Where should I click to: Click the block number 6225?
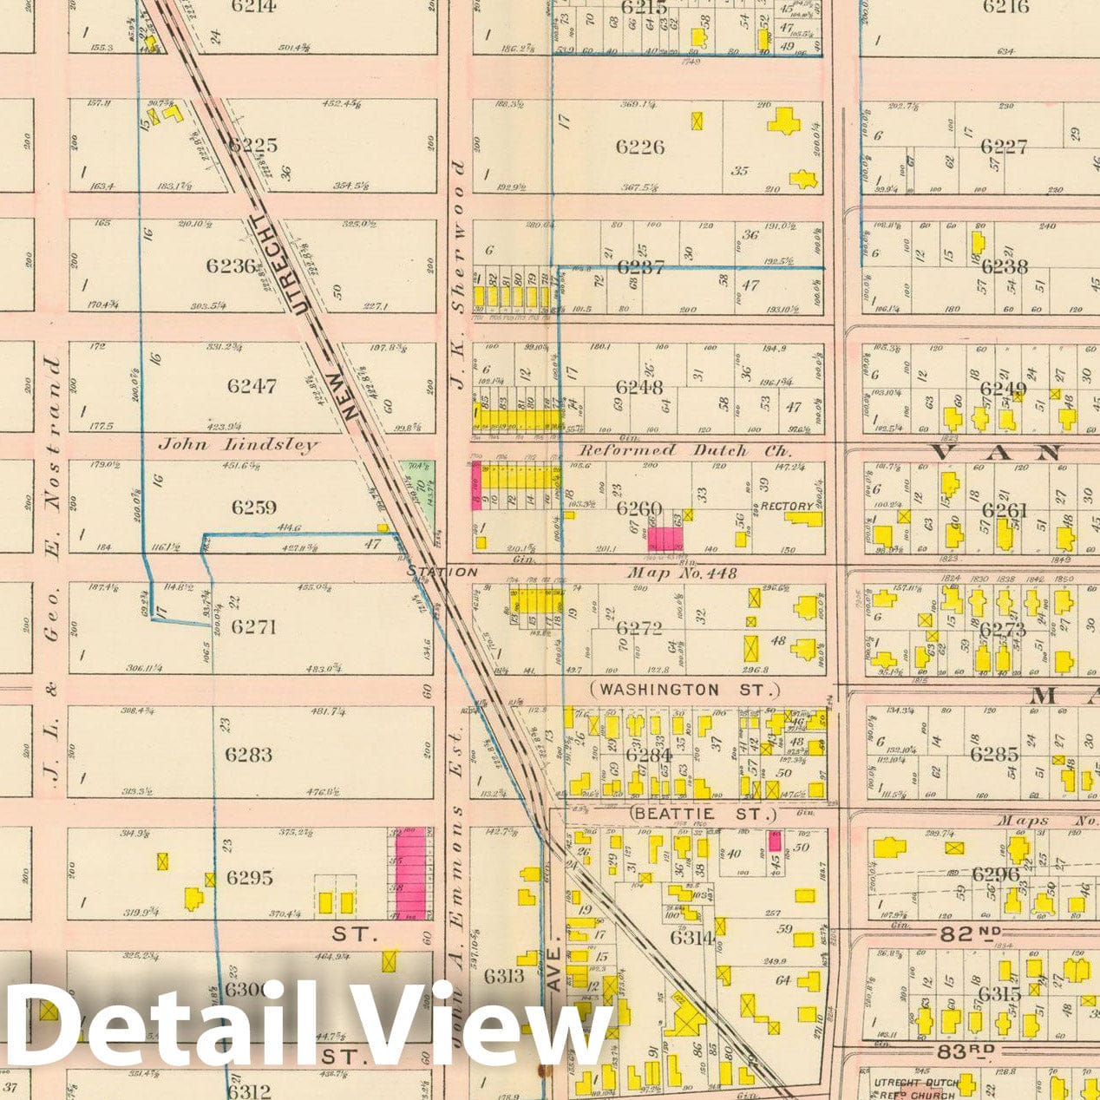click(x=252, y=145)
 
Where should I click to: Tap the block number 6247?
click(x=251, y=385)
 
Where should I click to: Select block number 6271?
click(x=252, y=626)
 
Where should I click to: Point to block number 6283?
click(x=248, y=755)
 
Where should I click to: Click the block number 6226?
click(x=640, y=147)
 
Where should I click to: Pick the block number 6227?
click(x=1004, y=146)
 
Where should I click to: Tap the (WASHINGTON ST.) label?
click(x=684, y=690)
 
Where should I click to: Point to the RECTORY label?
click(x=787, y=507)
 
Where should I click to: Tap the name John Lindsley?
click(x=238, y=444)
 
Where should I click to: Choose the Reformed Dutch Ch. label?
click(x=685, y=450)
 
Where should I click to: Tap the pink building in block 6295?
click(x=410, y=874)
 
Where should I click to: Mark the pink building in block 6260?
click(x=665, y=539)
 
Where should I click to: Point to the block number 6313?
click(x=504, y=977)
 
